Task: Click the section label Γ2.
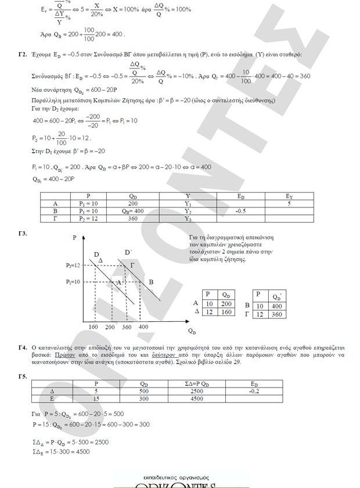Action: [x=23, y=54]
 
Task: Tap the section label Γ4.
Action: [x=23, y=347]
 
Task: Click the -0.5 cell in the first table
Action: [x=243, y=211]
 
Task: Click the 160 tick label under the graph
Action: [x=93, y=328]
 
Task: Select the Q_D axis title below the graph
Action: [x=192, y=332]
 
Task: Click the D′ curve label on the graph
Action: [x=128, y=252]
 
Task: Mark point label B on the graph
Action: [x=151, y=282]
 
